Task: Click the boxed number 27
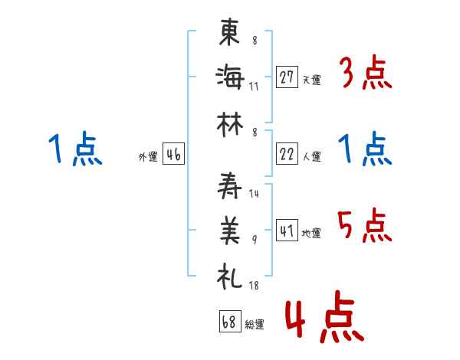(x=287, y=77)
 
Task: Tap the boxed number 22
(x=287, y=154)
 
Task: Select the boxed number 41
(x=287, y=231)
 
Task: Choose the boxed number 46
(x=173, y=155)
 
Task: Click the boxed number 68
(x=228, y=322)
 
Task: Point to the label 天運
(x=311, y=80)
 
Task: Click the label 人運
(x=311, y=156)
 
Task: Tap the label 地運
(x=311, y=233)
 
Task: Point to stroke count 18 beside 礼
(x=254, y=285)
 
